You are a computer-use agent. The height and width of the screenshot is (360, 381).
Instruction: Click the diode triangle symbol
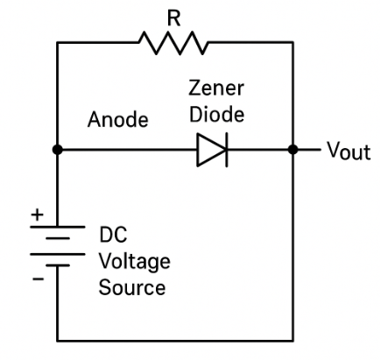[209, 150]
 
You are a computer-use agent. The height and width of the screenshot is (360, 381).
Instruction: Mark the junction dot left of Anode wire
[57, 150]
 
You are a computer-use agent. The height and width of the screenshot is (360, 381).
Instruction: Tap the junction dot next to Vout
[294, 150]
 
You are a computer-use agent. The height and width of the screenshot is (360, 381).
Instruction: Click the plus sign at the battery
[37, 214]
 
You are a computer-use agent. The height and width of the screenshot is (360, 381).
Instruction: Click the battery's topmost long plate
[57, 223]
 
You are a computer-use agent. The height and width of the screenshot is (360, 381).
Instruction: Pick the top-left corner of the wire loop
[57, 40]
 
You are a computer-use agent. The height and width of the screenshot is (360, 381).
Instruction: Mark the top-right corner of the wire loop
[294, 40]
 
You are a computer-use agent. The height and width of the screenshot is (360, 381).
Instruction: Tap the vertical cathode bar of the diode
[225, 150]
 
